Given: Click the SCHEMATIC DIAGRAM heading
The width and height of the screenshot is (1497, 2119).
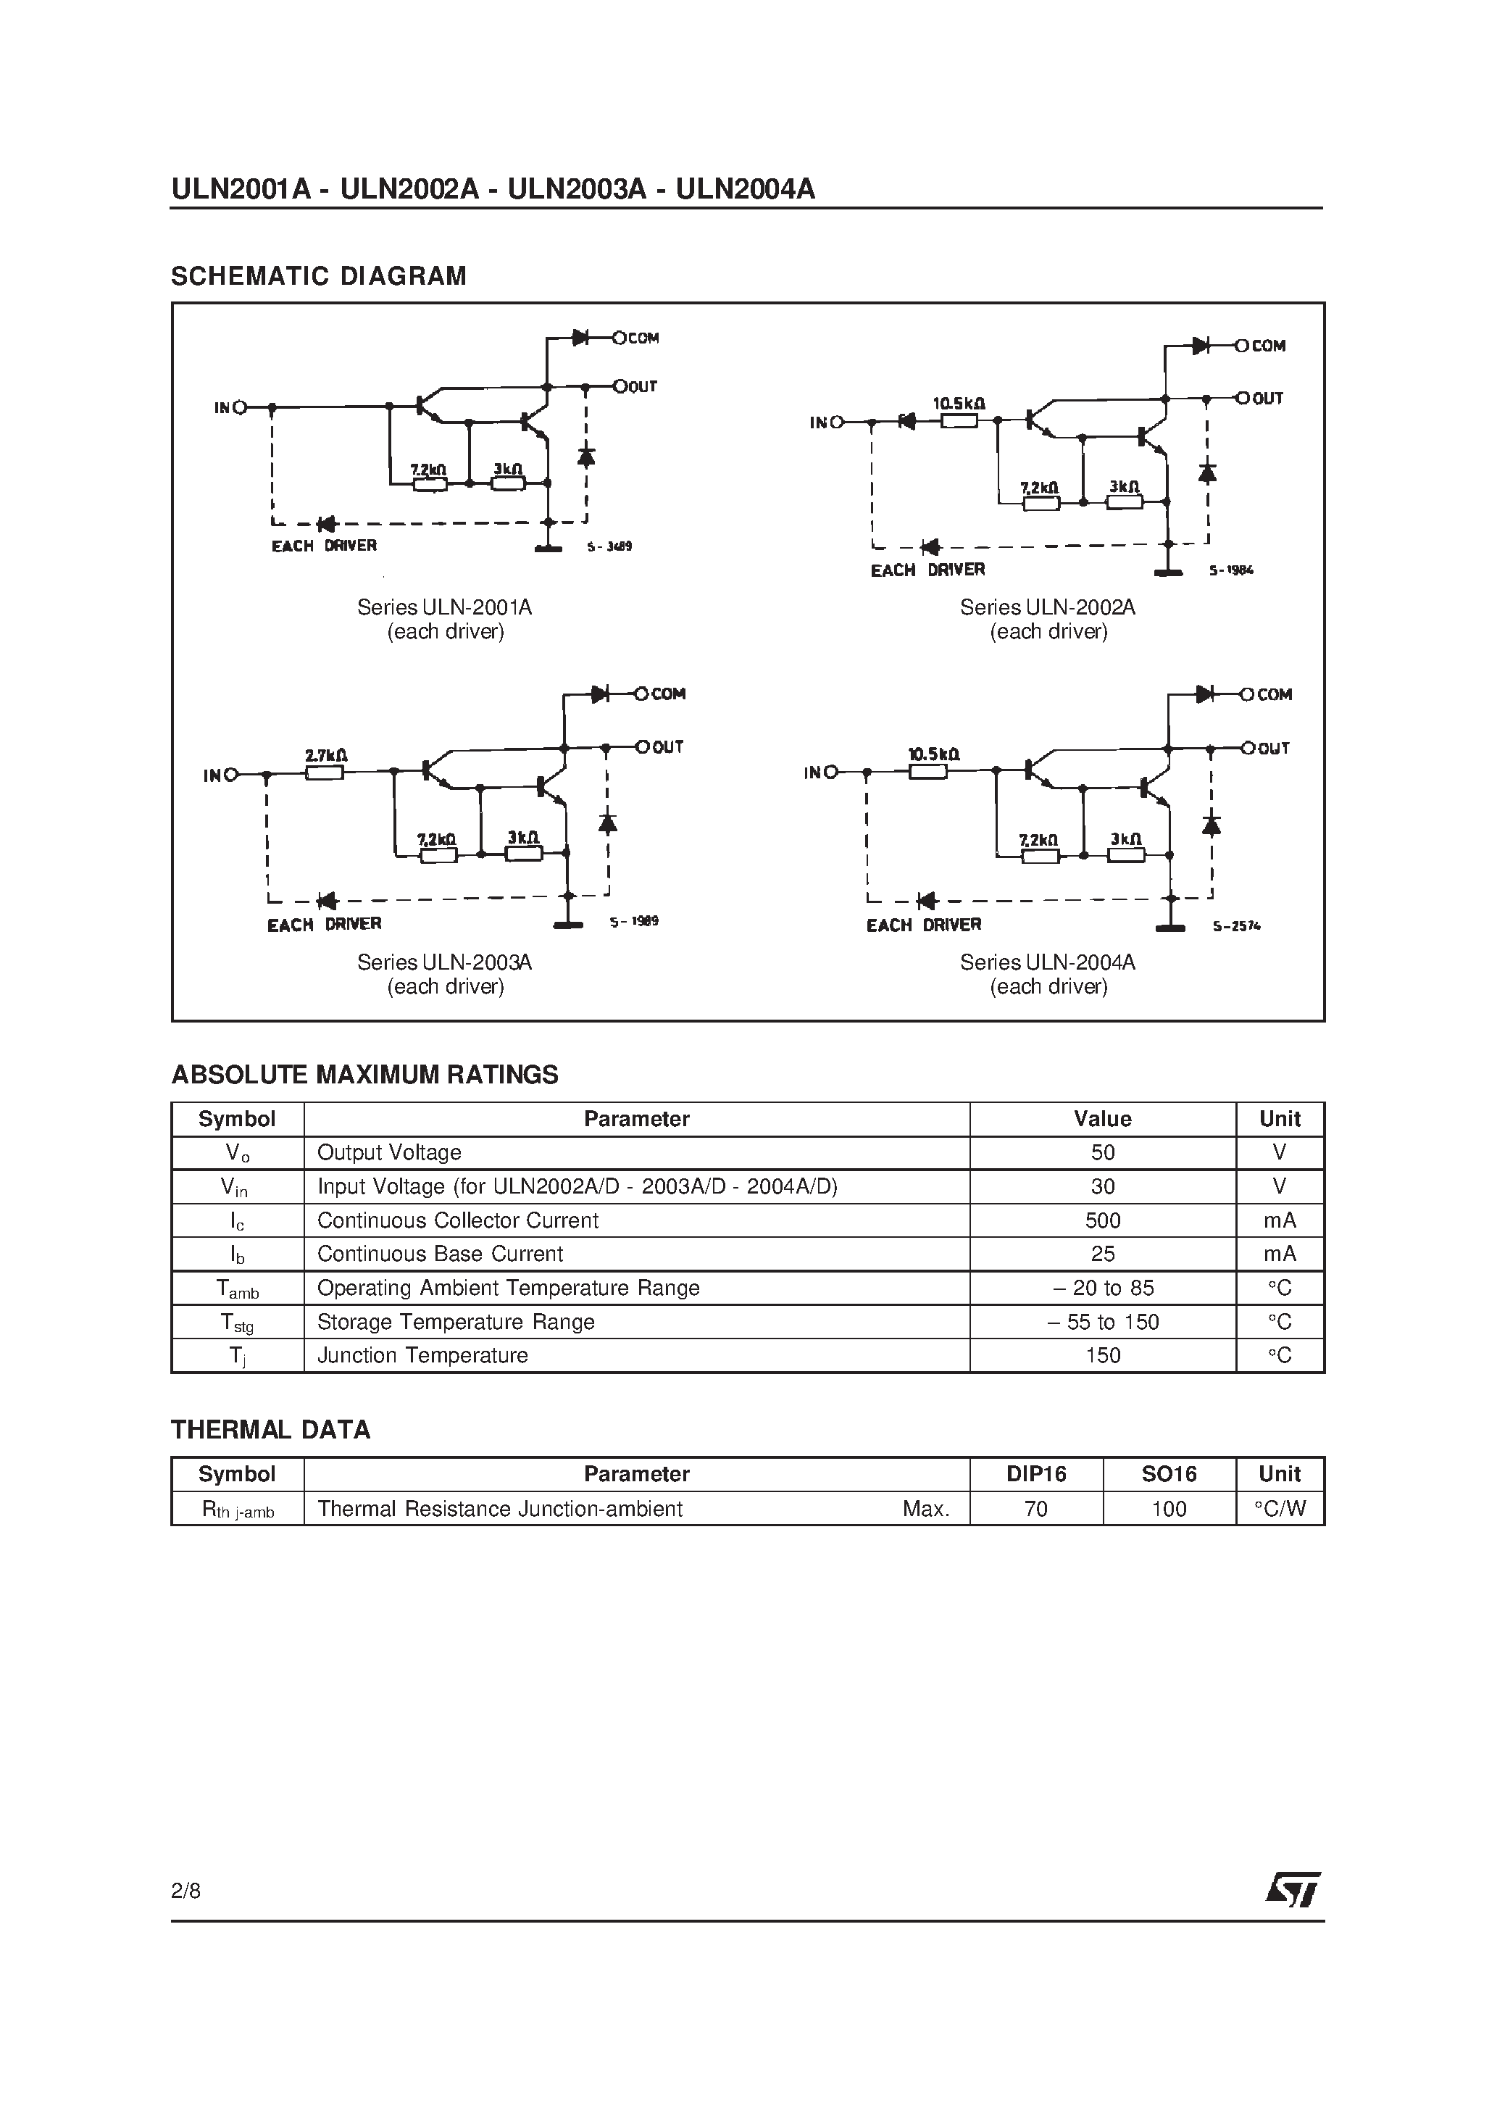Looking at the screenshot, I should click(x=318, y=276).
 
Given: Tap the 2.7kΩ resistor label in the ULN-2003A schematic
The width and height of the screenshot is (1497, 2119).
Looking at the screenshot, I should click(x=326, y=756).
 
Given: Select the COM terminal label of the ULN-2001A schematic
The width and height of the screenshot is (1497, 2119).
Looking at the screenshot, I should click(x=643, y=338).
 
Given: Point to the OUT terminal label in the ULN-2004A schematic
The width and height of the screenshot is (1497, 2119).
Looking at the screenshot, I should click(x=1274, y=749).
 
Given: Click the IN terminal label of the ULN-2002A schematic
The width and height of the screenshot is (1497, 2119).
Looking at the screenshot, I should click(x=820, y=422).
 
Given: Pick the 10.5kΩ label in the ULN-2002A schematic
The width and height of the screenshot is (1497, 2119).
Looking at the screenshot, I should click(x=958, y=404).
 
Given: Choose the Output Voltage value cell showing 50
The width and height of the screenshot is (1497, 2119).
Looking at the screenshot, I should click(x=1102, y=1153).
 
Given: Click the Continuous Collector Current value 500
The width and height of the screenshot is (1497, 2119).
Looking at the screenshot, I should click(x=1102, y=1220).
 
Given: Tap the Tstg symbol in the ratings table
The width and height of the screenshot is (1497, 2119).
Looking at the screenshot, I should click(x=236, y=1323).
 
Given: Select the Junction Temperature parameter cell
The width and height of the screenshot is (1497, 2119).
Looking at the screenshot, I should click(x=422, y=1356).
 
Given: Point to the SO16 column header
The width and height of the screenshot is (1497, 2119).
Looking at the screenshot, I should click(x=1169, y=1475).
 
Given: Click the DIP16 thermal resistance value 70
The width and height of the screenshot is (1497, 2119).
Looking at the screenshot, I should click(x=1035, y=1509).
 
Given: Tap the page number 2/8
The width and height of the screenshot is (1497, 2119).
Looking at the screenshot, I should click(x=185, y=1891).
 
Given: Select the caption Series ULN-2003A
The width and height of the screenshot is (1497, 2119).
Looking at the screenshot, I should click(x=444, y=962).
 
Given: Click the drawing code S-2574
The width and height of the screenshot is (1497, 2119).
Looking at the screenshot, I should click(x=1237, y=925).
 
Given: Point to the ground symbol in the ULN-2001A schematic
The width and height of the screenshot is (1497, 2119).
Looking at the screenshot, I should click(x=549, y=549).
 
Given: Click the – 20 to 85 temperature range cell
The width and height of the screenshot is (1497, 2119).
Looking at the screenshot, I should click(x=1102, y=1289).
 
